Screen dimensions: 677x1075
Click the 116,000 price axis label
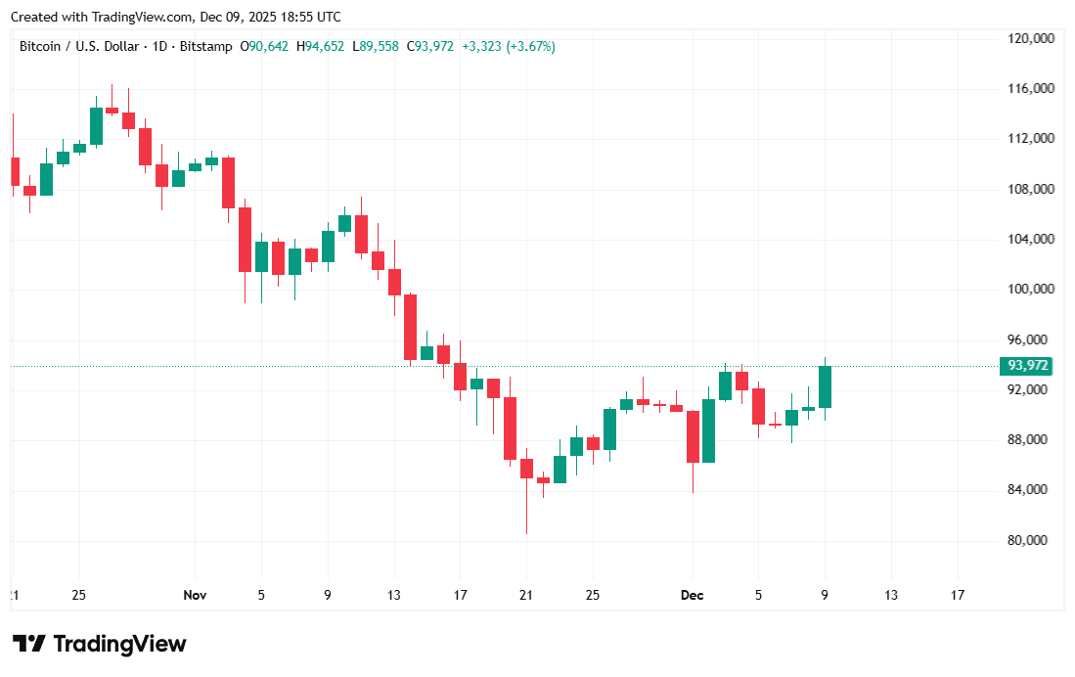click(1031, 89)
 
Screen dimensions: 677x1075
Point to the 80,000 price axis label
click(1031, 540)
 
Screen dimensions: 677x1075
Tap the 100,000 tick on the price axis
click(1031, 290)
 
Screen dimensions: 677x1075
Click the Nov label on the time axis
click(195, 595)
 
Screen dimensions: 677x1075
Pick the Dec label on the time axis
click(692, 595)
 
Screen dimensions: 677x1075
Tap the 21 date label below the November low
click(526, 595)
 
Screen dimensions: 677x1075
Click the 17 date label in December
click(957, 595)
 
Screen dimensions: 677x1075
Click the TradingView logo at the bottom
click(99, 644)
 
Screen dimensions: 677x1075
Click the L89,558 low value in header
click(376, 46)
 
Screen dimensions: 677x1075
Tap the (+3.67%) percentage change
click(530, 46)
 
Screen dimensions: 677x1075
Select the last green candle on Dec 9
click(825, 386)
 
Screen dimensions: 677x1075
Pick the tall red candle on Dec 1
click(693, 436)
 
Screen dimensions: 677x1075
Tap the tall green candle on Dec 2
click(708, 430)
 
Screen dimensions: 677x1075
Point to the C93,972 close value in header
click(430, 46)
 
